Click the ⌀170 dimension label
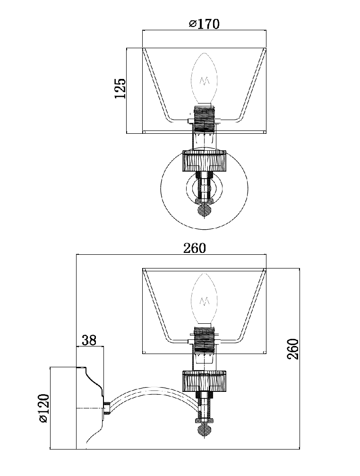pyautogui.click(x=204, y=24)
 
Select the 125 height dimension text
pyautogui.click(x=120, y=88)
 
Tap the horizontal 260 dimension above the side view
pyautogui.click(x=194, y=248)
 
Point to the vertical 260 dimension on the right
pyautogui.click(x=293, y=349)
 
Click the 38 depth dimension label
pyautogui.click(x=89, y=340)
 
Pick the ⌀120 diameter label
pyautogui.click(x=43, y=408)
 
